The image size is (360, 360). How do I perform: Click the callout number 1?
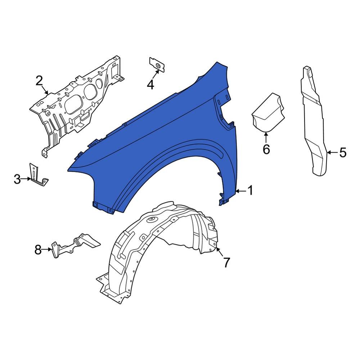tap(250, 190)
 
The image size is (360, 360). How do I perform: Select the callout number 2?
tap(39, 81)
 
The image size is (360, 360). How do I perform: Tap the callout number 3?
tap(17, 179)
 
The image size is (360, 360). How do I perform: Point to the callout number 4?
tap(150, 85)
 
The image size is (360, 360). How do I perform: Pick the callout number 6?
tap(266, 149)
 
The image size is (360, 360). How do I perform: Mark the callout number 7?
tap(226, 262)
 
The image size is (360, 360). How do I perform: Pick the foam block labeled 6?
tap(267, 112)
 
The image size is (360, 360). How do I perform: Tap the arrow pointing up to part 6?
tap(266, 137)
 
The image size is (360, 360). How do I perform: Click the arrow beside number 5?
tap(332, 153)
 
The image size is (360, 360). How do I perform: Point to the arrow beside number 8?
tap(47, 249)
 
